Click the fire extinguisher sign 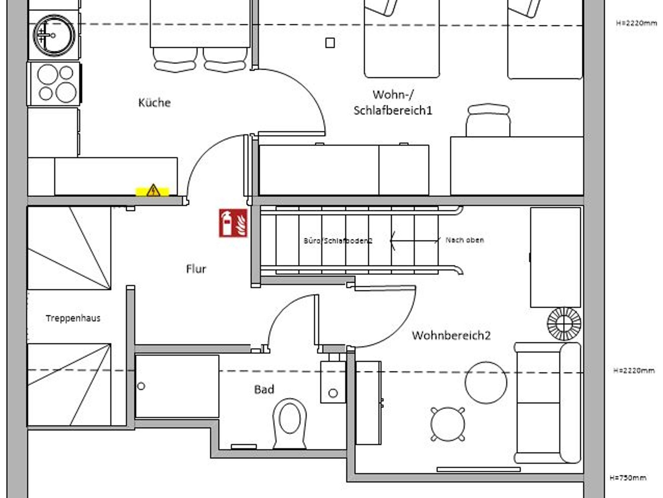[x=233, y=223]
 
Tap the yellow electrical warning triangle [x=153, y=191]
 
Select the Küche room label [x=154, y=103]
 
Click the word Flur [x=196, y=269]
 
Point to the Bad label [x=264, y=389]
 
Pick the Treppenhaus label [x=73, y=318]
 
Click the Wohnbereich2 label [x=451, y=335]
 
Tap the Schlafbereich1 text [x=393, y=110]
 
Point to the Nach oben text [x=465, y=240]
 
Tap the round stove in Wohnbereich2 [x=564, y=323]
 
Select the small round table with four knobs [x=448, y=424]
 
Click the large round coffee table [x=486, y=382]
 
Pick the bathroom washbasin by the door [x=333, y=382]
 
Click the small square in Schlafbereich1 [x=330, y=43]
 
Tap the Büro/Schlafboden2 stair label [x=338, y=241]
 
